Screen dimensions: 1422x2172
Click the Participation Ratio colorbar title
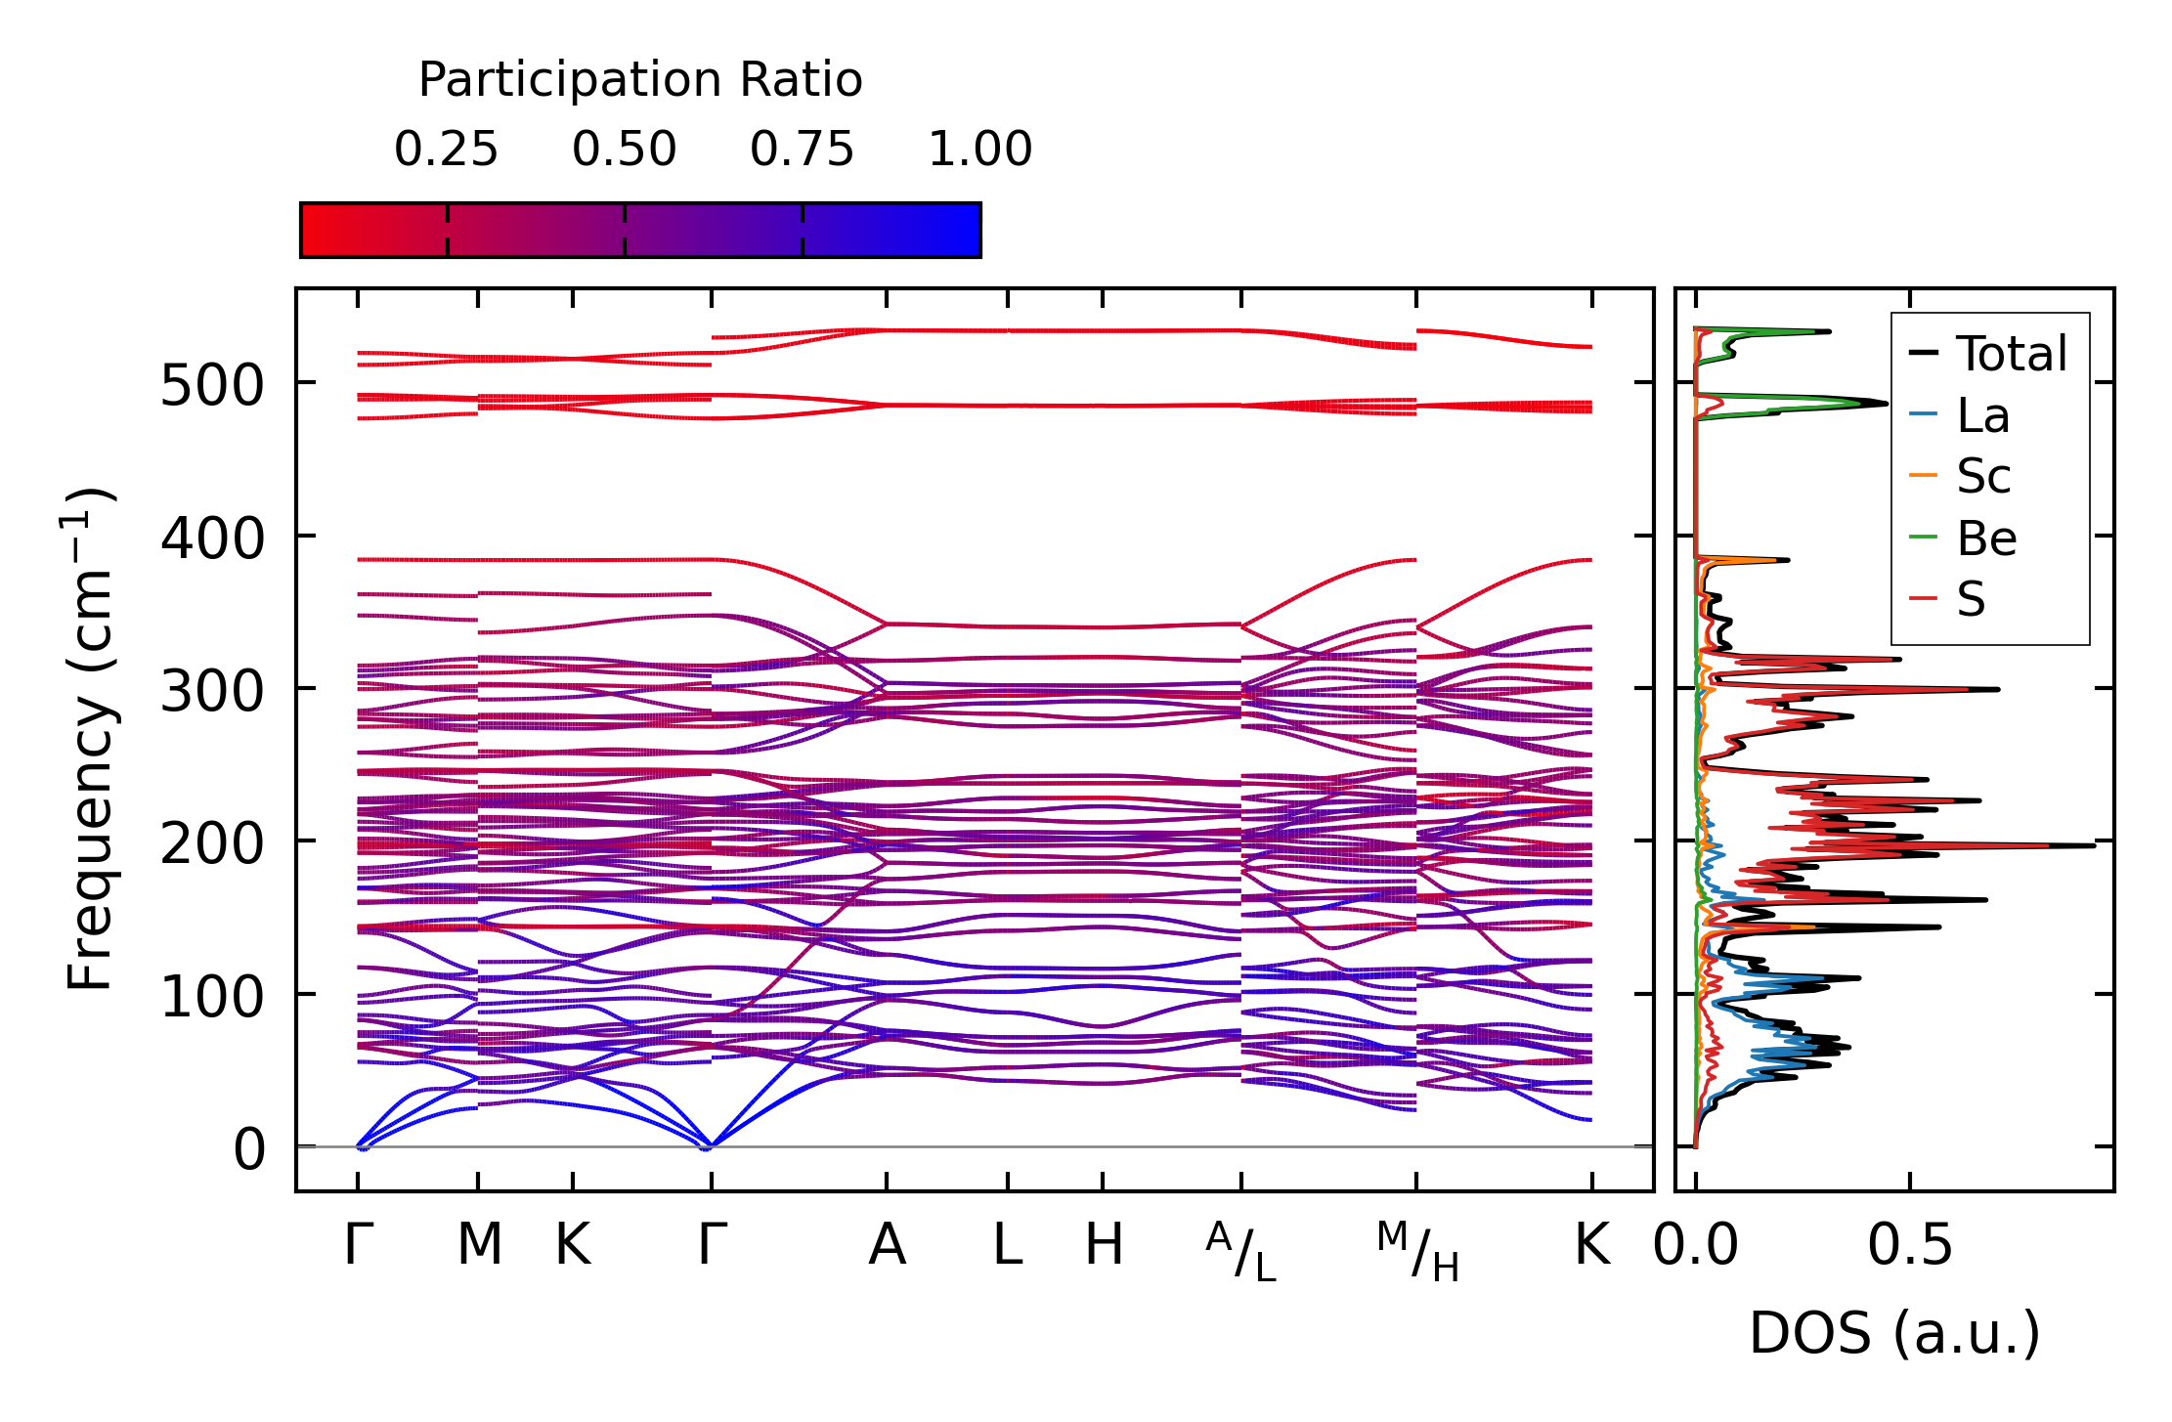[640, 80]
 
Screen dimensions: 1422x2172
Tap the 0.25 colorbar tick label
[446, 150]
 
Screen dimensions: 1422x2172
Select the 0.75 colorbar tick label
[802, 150]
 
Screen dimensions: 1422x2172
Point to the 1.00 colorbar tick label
[979, 150]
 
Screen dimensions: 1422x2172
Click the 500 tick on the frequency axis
[211, 385]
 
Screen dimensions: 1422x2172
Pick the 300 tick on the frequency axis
[211, 691]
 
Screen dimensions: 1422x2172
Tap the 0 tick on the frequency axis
[248, 1149]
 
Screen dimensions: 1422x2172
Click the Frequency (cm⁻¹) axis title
[90, 739]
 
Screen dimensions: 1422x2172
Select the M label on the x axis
[479, 1245]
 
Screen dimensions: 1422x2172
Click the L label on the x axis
[1008, 1245]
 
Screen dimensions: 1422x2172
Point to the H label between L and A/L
[1104, 1245]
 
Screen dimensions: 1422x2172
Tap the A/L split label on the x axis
[1241, 1251]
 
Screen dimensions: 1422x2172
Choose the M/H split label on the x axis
[1417, 1251]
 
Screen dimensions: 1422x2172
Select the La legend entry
[1982, 415]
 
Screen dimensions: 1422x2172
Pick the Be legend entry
[1986, 539]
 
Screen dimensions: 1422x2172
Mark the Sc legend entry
[1982, 477]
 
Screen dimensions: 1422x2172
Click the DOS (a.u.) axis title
[1894, 1333]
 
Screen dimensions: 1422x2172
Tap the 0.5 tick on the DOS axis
[1909, 1245]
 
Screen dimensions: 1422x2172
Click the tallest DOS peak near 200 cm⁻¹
[2090, 845]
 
